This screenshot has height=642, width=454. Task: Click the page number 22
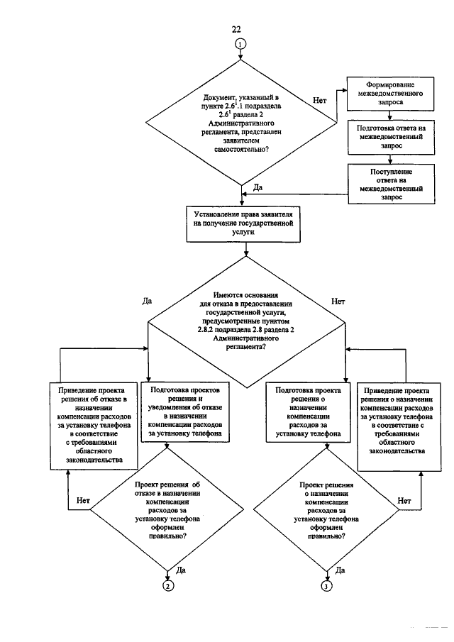236,29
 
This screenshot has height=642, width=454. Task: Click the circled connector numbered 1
240,44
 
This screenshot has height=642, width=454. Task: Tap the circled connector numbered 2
168,586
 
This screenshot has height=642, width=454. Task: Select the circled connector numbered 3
326,587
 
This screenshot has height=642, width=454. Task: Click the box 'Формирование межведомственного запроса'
390,94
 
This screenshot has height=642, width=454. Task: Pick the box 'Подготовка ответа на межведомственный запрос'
391,137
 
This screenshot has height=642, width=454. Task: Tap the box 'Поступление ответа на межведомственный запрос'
392,184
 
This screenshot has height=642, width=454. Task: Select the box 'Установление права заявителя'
243,223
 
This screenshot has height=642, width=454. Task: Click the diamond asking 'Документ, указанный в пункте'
241,123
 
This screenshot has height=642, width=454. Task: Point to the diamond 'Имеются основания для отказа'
245,322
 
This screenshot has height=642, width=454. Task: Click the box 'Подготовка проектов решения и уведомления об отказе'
185,412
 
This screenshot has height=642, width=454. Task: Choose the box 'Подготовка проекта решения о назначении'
309,412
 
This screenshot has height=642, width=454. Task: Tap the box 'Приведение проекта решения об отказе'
94,425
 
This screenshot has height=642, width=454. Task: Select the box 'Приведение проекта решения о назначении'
399,426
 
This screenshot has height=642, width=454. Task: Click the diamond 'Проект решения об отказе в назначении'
167,510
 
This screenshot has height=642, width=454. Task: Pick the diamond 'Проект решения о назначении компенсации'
326,511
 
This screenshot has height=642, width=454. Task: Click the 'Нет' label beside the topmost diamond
320,100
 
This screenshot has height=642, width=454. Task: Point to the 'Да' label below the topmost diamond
258,187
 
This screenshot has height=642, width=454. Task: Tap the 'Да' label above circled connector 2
181,570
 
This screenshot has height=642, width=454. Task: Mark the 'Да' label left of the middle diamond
147,301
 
